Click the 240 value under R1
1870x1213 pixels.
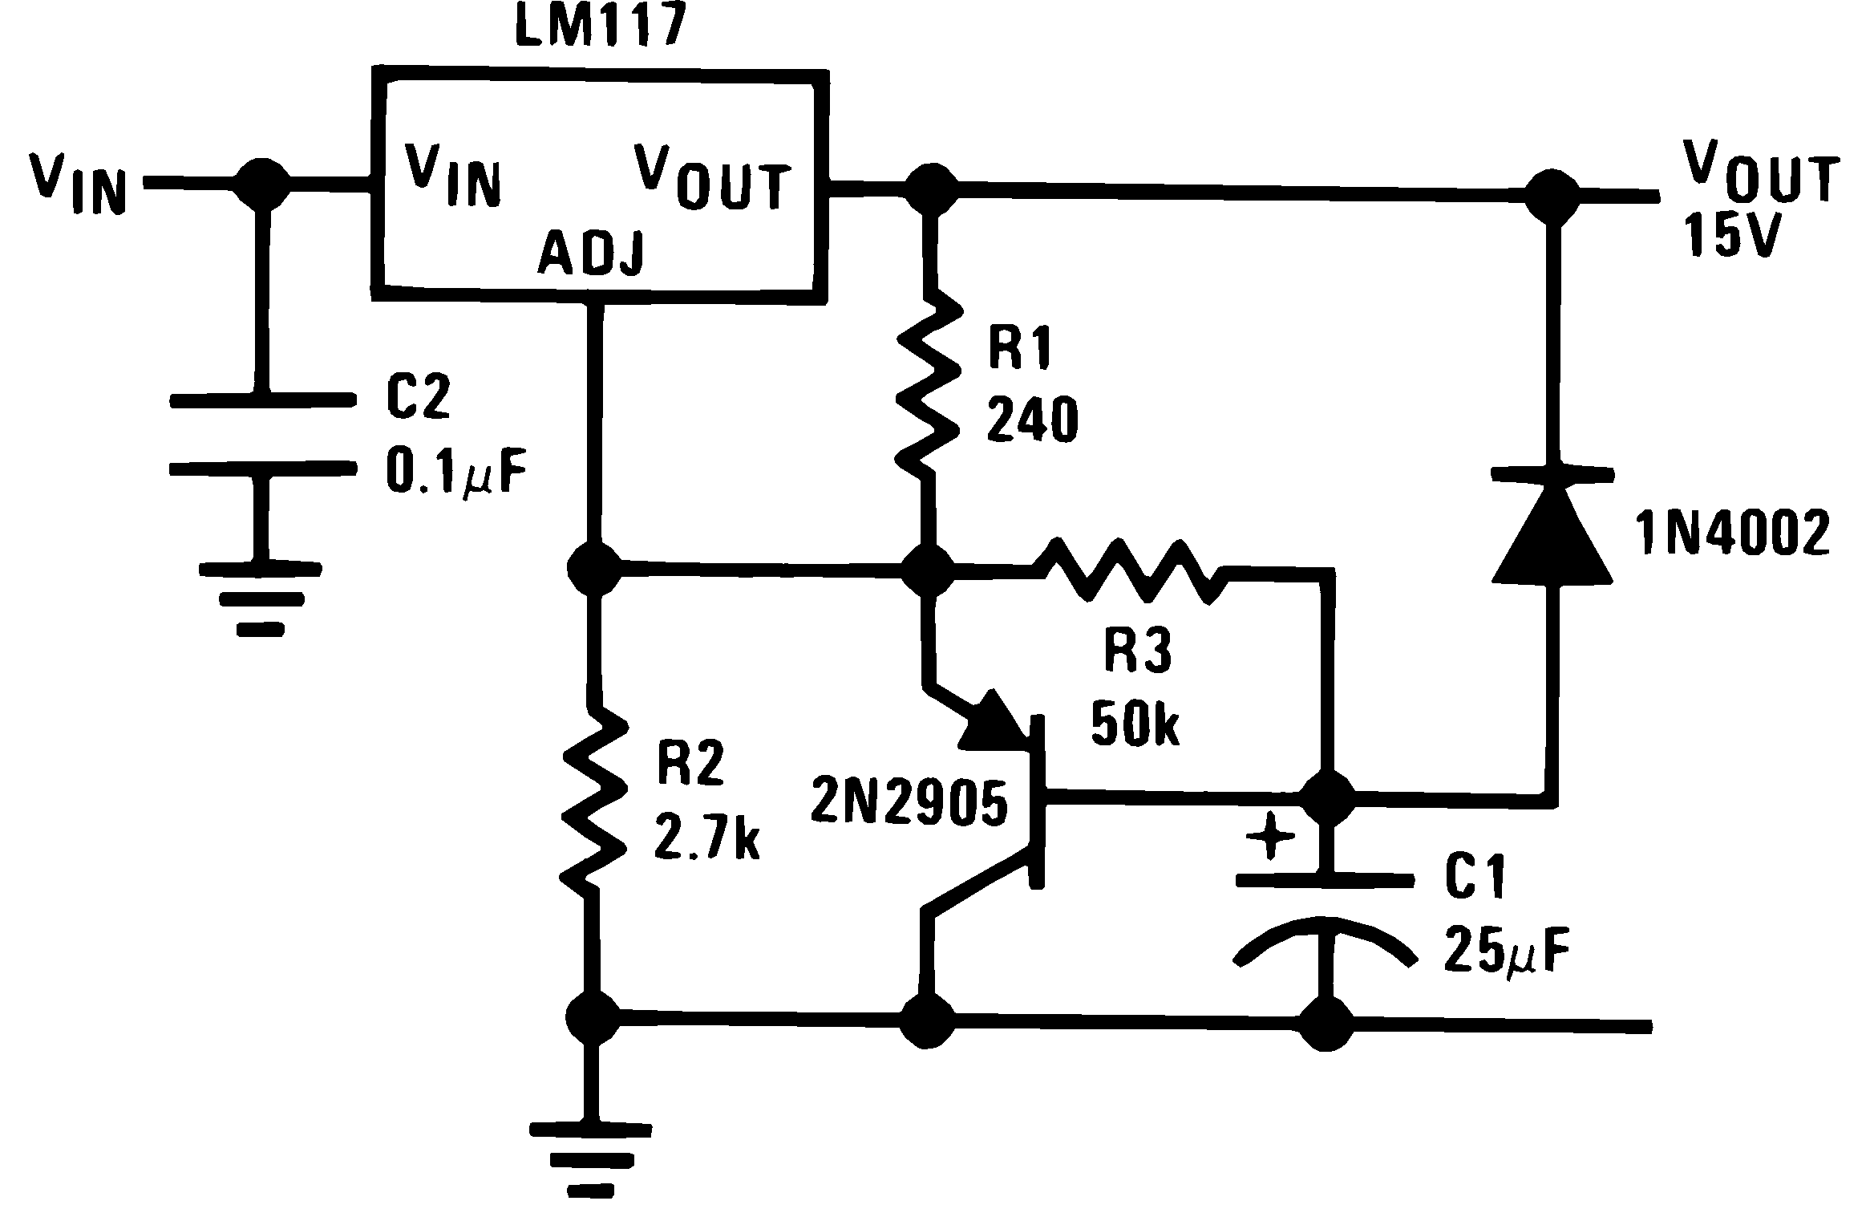(1033, 422)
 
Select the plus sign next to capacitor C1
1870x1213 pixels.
(1270, 836)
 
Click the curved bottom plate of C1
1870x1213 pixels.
(1324, 937)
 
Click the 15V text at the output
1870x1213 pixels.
(1730, 236)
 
